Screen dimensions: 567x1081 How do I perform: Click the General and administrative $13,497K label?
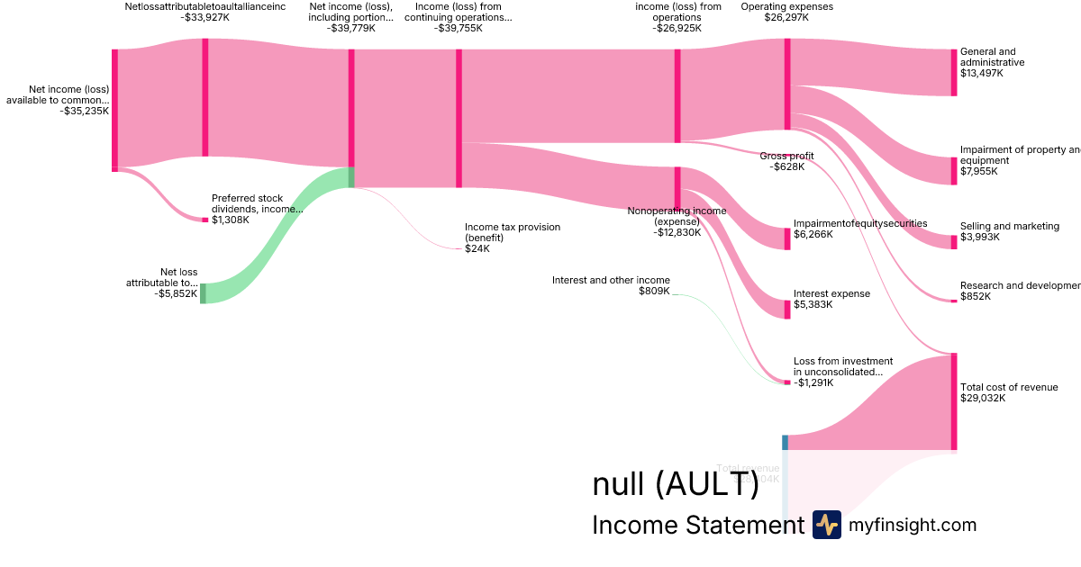992,62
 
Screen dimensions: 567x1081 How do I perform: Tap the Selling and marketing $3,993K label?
1009,231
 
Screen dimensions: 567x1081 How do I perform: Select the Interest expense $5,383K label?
831,299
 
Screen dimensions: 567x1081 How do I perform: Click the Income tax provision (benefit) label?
512,238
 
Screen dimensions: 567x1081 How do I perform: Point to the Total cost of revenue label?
1008,392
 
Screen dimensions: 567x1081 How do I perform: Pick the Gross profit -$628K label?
786,161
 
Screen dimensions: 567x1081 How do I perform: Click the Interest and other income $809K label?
611,285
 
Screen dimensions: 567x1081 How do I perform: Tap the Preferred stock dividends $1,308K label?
257,209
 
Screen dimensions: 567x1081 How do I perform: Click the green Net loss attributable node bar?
203,293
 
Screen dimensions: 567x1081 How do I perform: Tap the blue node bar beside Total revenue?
785,442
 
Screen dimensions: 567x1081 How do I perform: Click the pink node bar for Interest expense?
786,309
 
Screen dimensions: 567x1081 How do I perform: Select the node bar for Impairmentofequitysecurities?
787,238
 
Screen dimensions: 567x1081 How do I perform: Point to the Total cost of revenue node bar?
954,401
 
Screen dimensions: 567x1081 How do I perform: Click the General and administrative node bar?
954,72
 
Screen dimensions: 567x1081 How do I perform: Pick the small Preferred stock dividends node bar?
204,220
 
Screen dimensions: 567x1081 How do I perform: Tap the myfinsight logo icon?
826,525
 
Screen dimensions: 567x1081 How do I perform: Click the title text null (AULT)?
675,484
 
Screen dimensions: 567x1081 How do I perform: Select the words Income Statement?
697,525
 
